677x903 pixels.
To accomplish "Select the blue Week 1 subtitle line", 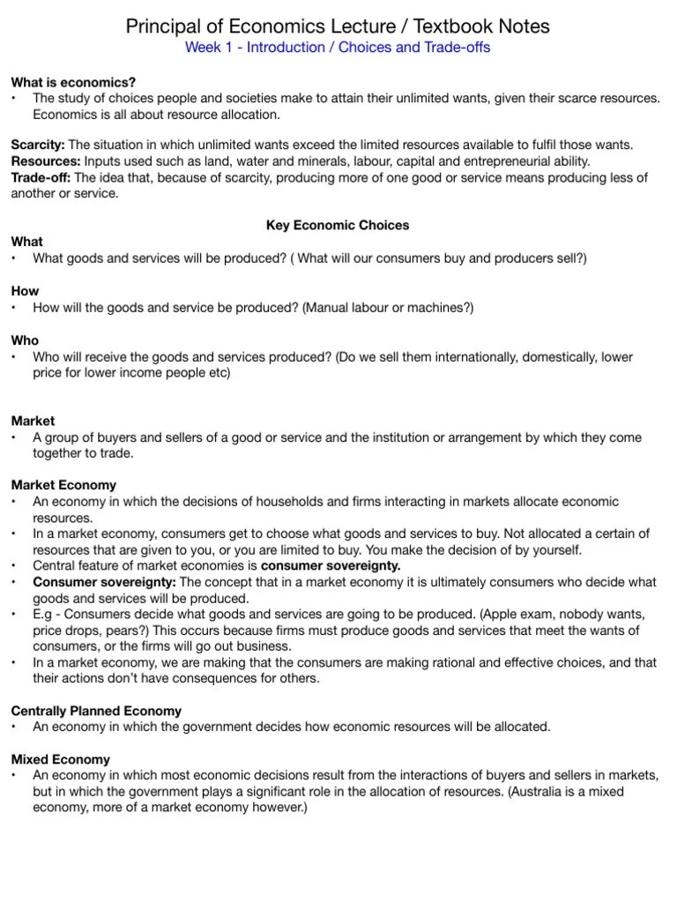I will coord(338,48).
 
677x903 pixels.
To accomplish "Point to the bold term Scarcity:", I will coord(38,145).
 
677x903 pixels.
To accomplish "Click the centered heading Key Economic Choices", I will coord(338,226).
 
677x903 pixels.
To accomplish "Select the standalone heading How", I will coord(25,291).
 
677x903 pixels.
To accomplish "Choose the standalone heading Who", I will coord(25,340).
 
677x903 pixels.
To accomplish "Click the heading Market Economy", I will coord(63,485).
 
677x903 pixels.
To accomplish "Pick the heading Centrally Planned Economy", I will coord(96,711).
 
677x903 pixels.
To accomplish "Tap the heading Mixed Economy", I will coord(60,759).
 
